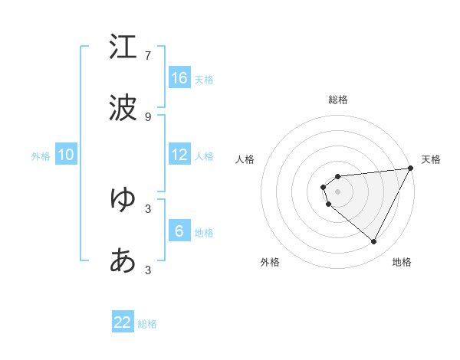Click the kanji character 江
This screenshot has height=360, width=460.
[x=123, y=47]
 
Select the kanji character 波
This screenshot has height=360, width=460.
[x=123, y=108]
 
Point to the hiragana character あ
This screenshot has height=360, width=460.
[x=123, y=260]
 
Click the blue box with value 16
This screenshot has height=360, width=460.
[x=179, y=77]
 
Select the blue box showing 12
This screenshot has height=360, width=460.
[x=179, y=154]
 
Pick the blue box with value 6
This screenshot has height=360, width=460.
[x=179, y=231]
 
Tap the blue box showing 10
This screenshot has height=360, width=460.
[x=66, y=154]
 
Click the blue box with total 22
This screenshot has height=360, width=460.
[x=123, y=322]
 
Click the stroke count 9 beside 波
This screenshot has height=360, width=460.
[x=148, y=116]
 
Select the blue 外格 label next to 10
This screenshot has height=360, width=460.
[x=41, y=155]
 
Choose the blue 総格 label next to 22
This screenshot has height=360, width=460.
[x=147, y=323]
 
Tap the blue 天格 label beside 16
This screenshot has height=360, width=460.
[x=204, y=79]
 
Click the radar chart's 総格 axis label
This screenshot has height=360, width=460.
[x=338, y=100]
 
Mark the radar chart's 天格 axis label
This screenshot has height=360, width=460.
[x=431, y=159]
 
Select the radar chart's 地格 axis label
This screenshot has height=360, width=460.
[x=402, y=263]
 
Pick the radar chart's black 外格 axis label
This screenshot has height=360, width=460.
[x=270, y=263]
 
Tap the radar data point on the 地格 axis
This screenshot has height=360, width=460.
[x=374, y=242]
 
